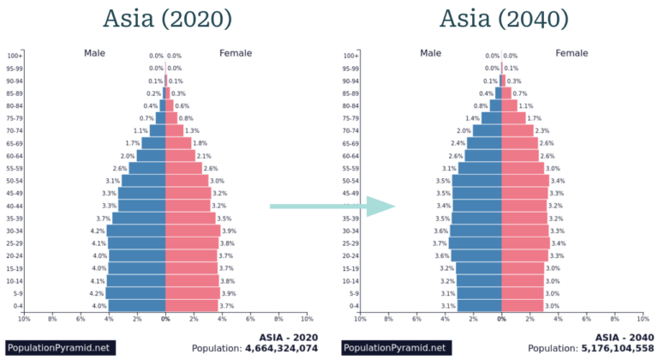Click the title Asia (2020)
pyautogui.click(x=166, y=19)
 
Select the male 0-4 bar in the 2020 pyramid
pyautogui.click(x=137, y=306)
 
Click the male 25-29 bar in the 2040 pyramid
pyautogui.click(x=476, y=243)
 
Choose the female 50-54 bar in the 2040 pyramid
pyautogui.click(x=525, y=181)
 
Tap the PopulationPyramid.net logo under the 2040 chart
pyautogui.click(x=395, y=348)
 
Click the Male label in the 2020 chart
pyautogui.click(x=94, y=53)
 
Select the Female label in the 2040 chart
pyautogui.click(x=571, y=53)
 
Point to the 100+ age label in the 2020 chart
pyautogui.click(x=15, y=56)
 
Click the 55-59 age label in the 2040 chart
pyautogui.click(x=350, y=168)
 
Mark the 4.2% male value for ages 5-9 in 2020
pyautogui.click(x=98, y=293)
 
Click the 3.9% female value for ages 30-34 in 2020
pyautogui.click(x=229, y=231)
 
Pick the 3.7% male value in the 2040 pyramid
pyautogui.click(x=439, y=243)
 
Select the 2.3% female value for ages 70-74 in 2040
pyautogui.click(x=541, y=130)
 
